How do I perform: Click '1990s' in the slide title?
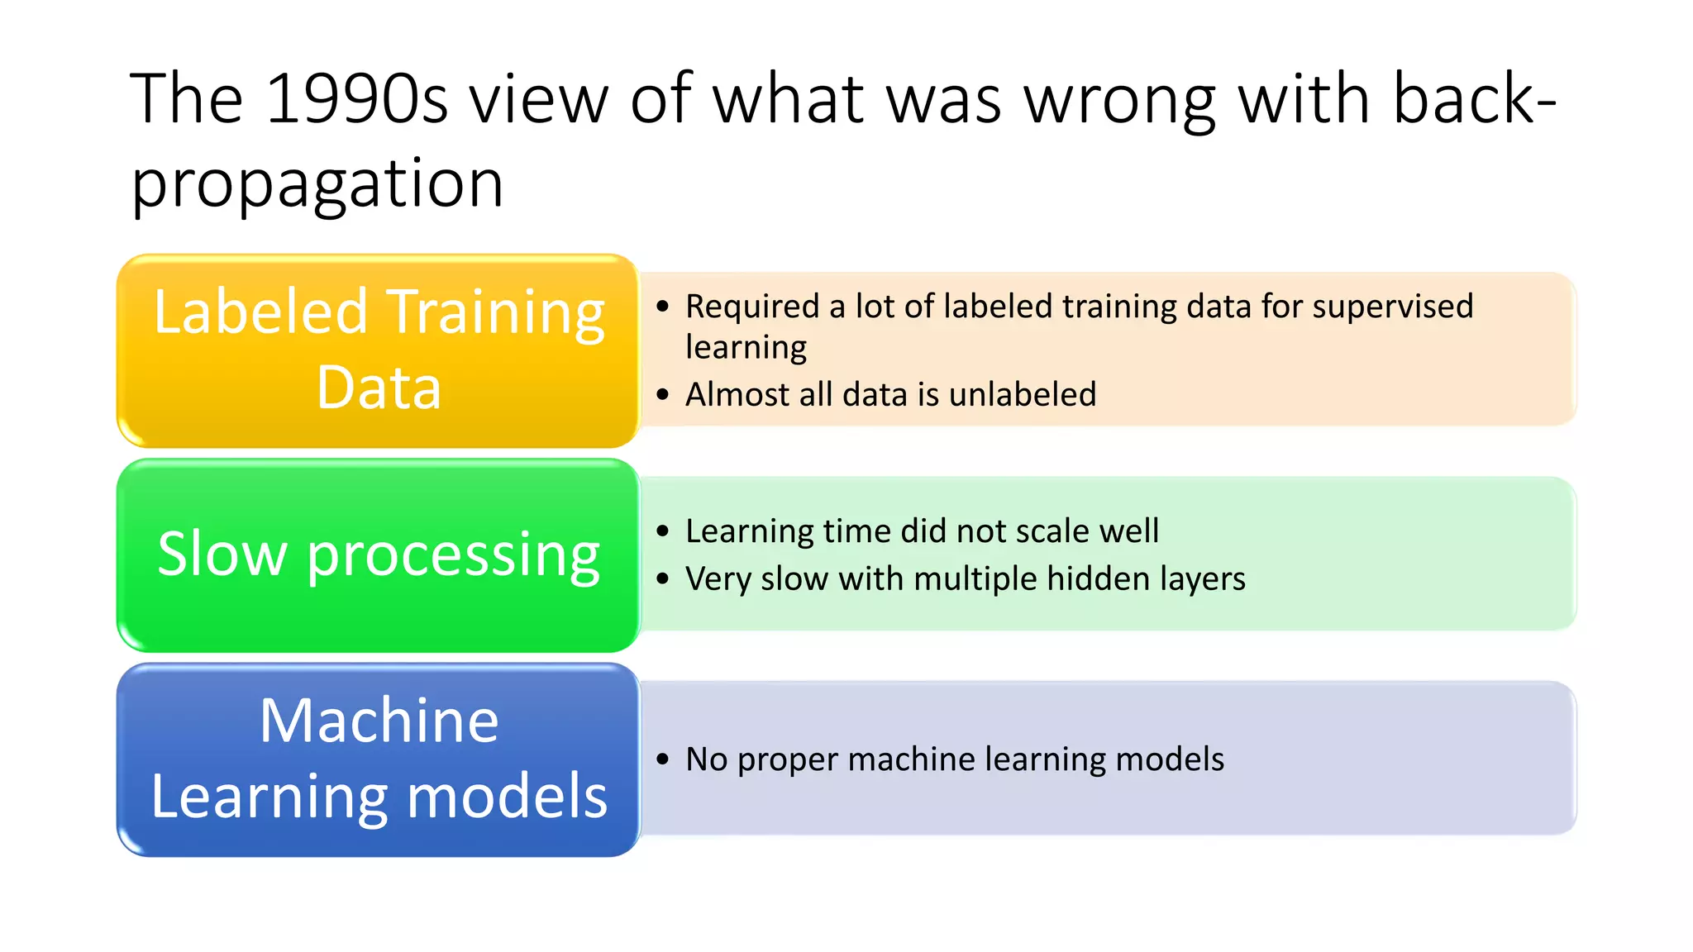(357, 99)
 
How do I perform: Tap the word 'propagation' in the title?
(317, 183)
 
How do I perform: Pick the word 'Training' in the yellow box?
(496, 312)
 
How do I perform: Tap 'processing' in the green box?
(453, 555)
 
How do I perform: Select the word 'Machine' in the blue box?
(379, 721)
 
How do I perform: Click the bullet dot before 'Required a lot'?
(662, 307)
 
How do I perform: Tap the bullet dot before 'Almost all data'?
(662, 395)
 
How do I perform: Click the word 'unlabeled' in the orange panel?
(1022, 394)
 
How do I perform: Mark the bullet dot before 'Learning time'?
(662, 531)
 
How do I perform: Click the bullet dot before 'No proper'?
(662, 759)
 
